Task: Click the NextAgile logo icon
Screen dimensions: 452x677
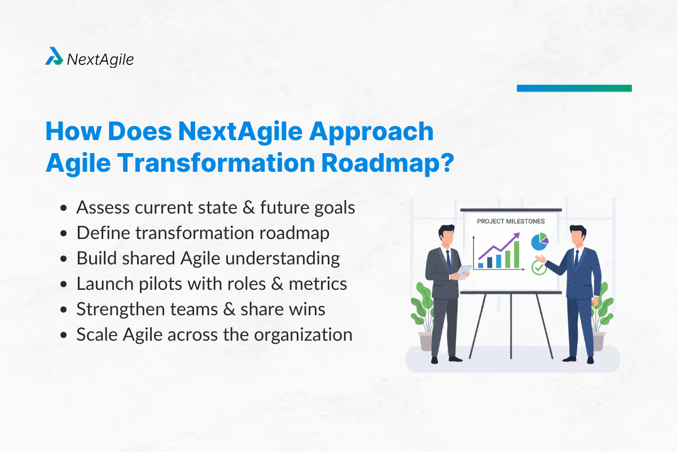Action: point(54,56)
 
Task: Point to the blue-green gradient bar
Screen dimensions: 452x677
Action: point(574,88)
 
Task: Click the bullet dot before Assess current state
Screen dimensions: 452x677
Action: point(65,208)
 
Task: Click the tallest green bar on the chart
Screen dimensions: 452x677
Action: point(515,255)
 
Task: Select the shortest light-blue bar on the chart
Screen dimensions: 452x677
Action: point(481,264)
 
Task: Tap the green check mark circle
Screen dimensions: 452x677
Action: point(539,267)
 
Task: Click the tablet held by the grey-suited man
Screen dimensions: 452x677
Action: point(463,272)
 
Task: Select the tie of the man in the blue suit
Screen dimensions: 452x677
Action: point(577,257)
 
